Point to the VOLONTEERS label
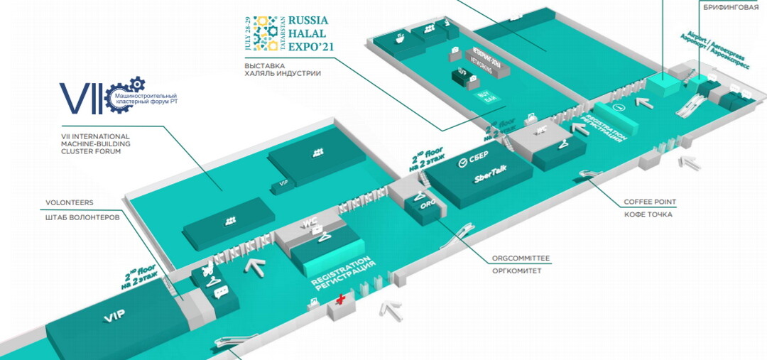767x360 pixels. pos(70,203)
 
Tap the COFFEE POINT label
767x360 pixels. pos(650,201)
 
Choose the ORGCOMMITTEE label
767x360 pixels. pos(521,258)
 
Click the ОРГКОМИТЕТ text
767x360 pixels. pos(516,271)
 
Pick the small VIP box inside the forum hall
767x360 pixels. pos(284,183)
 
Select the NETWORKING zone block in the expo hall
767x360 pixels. pos(483,58)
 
